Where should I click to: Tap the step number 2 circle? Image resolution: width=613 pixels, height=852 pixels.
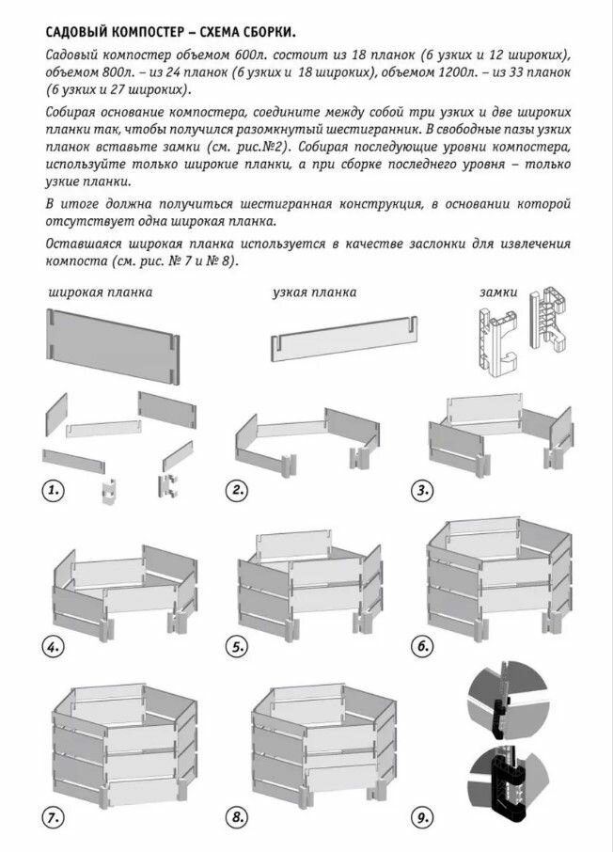pos(239,491)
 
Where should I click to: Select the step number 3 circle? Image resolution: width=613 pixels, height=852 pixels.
pos(424,491)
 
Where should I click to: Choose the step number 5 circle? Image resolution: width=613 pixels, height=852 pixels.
pos(239,647)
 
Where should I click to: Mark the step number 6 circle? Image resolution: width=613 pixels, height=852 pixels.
pos(423,647)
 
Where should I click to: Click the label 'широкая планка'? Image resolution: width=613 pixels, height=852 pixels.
pos(100,292)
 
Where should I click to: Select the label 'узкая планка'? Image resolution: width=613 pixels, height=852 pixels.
pos(314,292)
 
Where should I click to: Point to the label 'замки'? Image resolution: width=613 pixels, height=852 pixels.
pos(498,292)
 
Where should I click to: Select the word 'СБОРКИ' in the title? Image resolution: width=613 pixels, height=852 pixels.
pos(283,28)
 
